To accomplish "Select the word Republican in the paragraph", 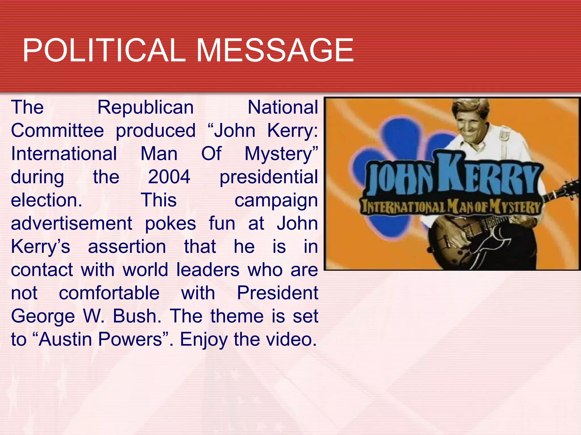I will pos(146,108).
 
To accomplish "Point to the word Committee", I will pos(57,131).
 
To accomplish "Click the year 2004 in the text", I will pos(169,177).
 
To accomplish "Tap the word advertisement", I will pos(71,224).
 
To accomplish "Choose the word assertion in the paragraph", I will pos(127,247).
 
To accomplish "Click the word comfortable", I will pos(109,293).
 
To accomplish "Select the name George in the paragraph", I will pos(43,317).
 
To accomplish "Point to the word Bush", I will pos(137,316).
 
